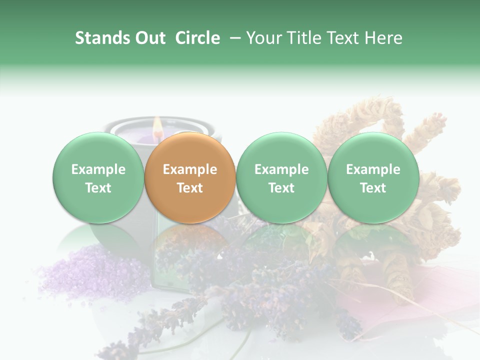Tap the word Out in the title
click(x=149, y=38)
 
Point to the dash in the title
click(x=232, y=38)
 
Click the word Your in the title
click(x=262, y=38)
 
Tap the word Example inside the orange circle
click(x=190, y=169)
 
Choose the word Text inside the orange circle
click(x=190, y=188)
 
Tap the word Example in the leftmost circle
click(x=98, y=169)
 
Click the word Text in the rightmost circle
click(x=373, y=188)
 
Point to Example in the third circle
click(x=281, y=169)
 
